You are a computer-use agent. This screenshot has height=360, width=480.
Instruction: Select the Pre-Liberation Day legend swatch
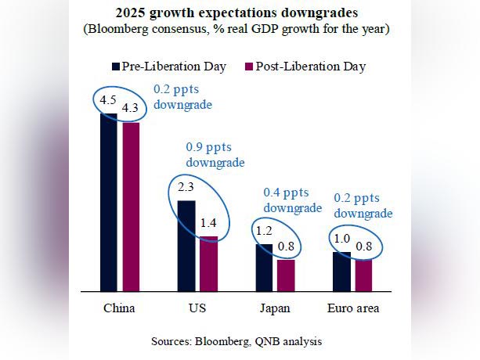tap(116, 67)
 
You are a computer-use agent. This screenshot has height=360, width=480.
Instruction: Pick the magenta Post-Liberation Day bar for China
tap(129, 207)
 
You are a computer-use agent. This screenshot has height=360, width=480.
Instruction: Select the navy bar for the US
tap(186, 246)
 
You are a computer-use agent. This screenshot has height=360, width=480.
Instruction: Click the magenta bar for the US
tap(208, 263)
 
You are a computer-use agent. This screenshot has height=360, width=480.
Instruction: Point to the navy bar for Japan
tap(264, 267)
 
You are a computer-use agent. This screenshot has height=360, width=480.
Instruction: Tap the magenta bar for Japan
tap(285, 275)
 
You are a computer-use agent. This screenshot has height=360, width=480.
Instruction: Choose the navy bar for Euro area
tap(342, 271)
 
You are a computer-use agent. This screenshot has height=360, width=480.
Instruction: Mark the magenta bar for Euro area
tap(363, 275)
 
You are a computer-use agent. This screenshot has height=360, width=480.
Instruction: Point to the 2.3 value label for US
tap(186, 188)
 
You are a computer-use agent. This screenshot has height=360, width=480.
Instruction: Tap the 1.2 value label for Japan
tap(264, 232)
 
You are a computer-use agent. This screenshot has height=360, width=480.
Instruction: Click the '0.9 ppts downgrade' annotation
tap(215, 154)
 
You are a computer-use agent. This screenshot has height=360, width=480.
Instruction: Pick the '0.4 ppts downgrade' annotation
tap(292, 200)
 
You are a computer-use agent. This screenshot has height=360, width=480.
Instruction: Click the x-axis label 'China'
tap(119, 308)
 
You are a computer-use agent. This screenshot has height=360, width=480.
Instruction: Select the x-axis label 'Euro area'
tap(352, 308)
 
